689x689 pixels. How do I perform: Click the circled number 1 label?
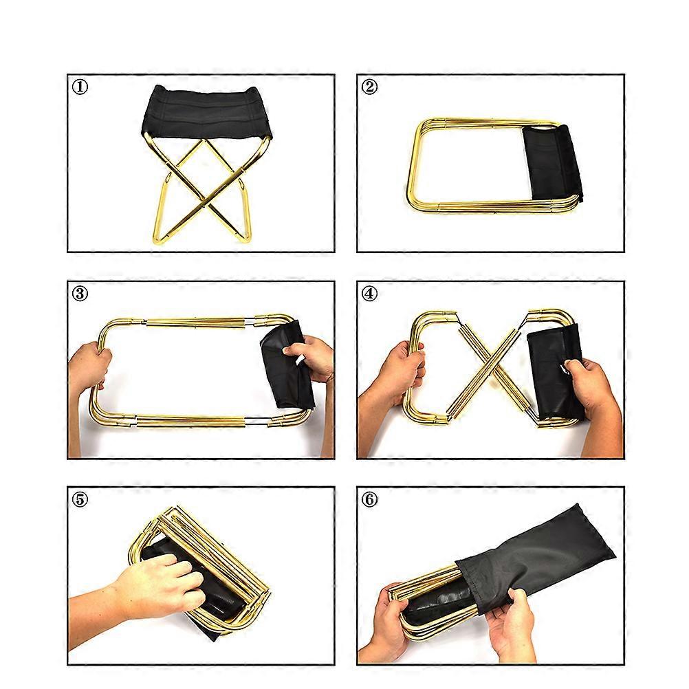click(x=80, y=87)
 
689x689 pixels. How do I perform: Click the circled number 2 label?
click(x=369, y=87)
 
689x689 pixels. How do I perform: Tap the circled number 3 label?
click(x=80, y=293)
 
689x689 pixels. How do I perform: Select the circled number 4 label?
click(x=369, y=293)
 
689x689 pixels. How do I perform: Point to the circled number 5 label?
click(x=80, y=500)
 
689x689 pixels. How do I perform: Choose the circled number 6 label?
click(x=369, y=500)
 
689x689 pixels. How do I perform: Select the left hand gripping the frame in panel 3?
click(x=89, y=367)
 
